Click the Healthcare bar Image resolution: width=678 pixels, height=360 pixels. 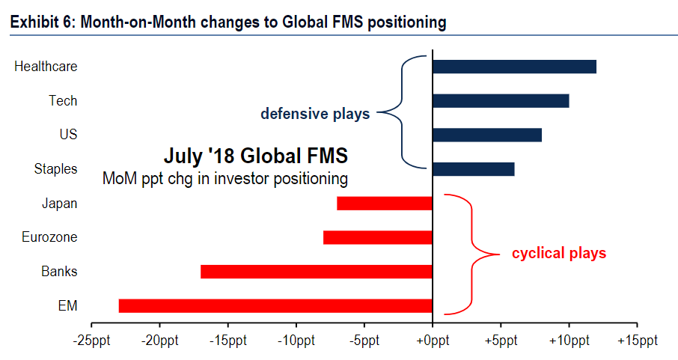click(514, 67)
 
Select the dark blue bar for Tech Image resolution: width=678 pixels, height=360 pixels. click(501, 101)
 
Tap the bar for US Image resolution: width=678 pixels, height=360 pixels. click(487, 135)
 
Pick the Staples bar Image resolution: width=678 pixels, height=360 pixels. click(473, 169)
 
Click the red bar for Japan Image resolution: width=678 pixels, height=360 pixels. click(385, 203)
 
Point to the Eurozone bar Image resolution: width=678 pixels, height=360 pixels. click(378, 237)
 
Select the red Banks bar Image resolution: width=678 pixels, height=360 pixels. click(317, 271)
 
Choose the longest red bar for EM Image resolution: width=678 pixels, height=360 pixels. click(275, 305)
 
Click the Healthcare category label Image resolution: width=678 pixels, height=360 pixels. click(46, 67)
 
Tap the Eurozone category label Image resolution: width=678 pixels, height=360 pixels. click(49, 237)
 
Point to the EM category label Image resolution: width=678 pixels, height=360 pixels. click(68, 305)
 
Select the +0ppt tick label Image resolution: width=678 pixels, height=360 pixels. click(432, 341)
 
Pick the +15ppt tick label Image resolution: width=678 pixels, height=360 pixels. click(636, 341)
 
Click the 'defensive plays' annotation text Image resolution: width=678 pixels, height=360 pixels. click(315, 115)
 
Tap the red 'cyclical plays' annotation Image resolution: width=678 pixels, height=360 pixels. click(558, 254)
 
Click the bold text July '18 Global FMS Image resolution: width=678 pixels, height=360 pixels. click(255, 157)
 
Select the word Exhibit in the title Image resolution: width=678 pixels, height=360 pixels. click(34, 22)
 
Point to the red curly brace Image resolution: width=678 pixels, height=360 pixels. click(471, 254)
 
